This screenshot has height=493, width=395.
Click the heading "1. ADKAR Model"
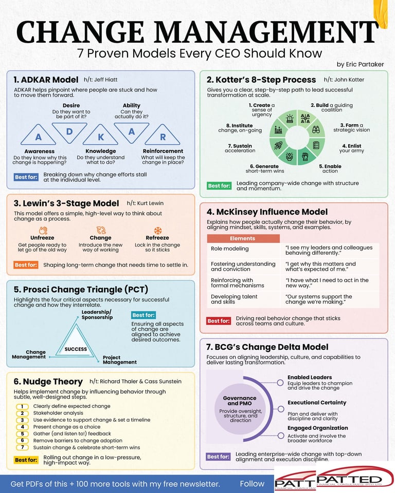pos(46,80)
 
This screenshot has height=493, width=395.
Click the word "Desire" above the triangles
pos(71,106)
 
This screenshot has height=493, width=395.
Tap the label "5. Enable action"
pos(330,168)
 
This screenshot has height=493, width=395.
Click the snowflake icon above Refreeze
pos(157,231)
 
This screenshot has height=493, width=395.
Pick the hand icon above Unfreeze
pos(43,231)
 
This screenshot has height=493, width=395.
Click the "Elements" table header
pos(243,238)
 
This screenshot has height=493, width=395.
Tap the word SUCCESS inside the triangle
pos(76,349)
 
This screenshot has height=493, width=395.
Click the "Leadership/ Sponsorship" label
pos(97,314)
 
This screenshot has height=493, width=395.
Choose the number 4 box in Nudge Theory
pos(23,427)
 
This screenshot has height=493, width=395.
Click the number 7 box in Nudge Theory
pos(23,447)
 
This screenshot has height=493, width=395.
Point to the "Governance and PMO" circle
pos(240,409)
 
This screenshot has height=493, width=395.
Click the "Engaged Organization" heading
pos(317,428)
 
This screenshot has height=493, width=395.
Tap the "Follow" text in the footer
pos(252,484)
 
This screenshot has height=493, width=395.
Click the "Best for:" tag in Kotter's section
pos(219,185)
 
